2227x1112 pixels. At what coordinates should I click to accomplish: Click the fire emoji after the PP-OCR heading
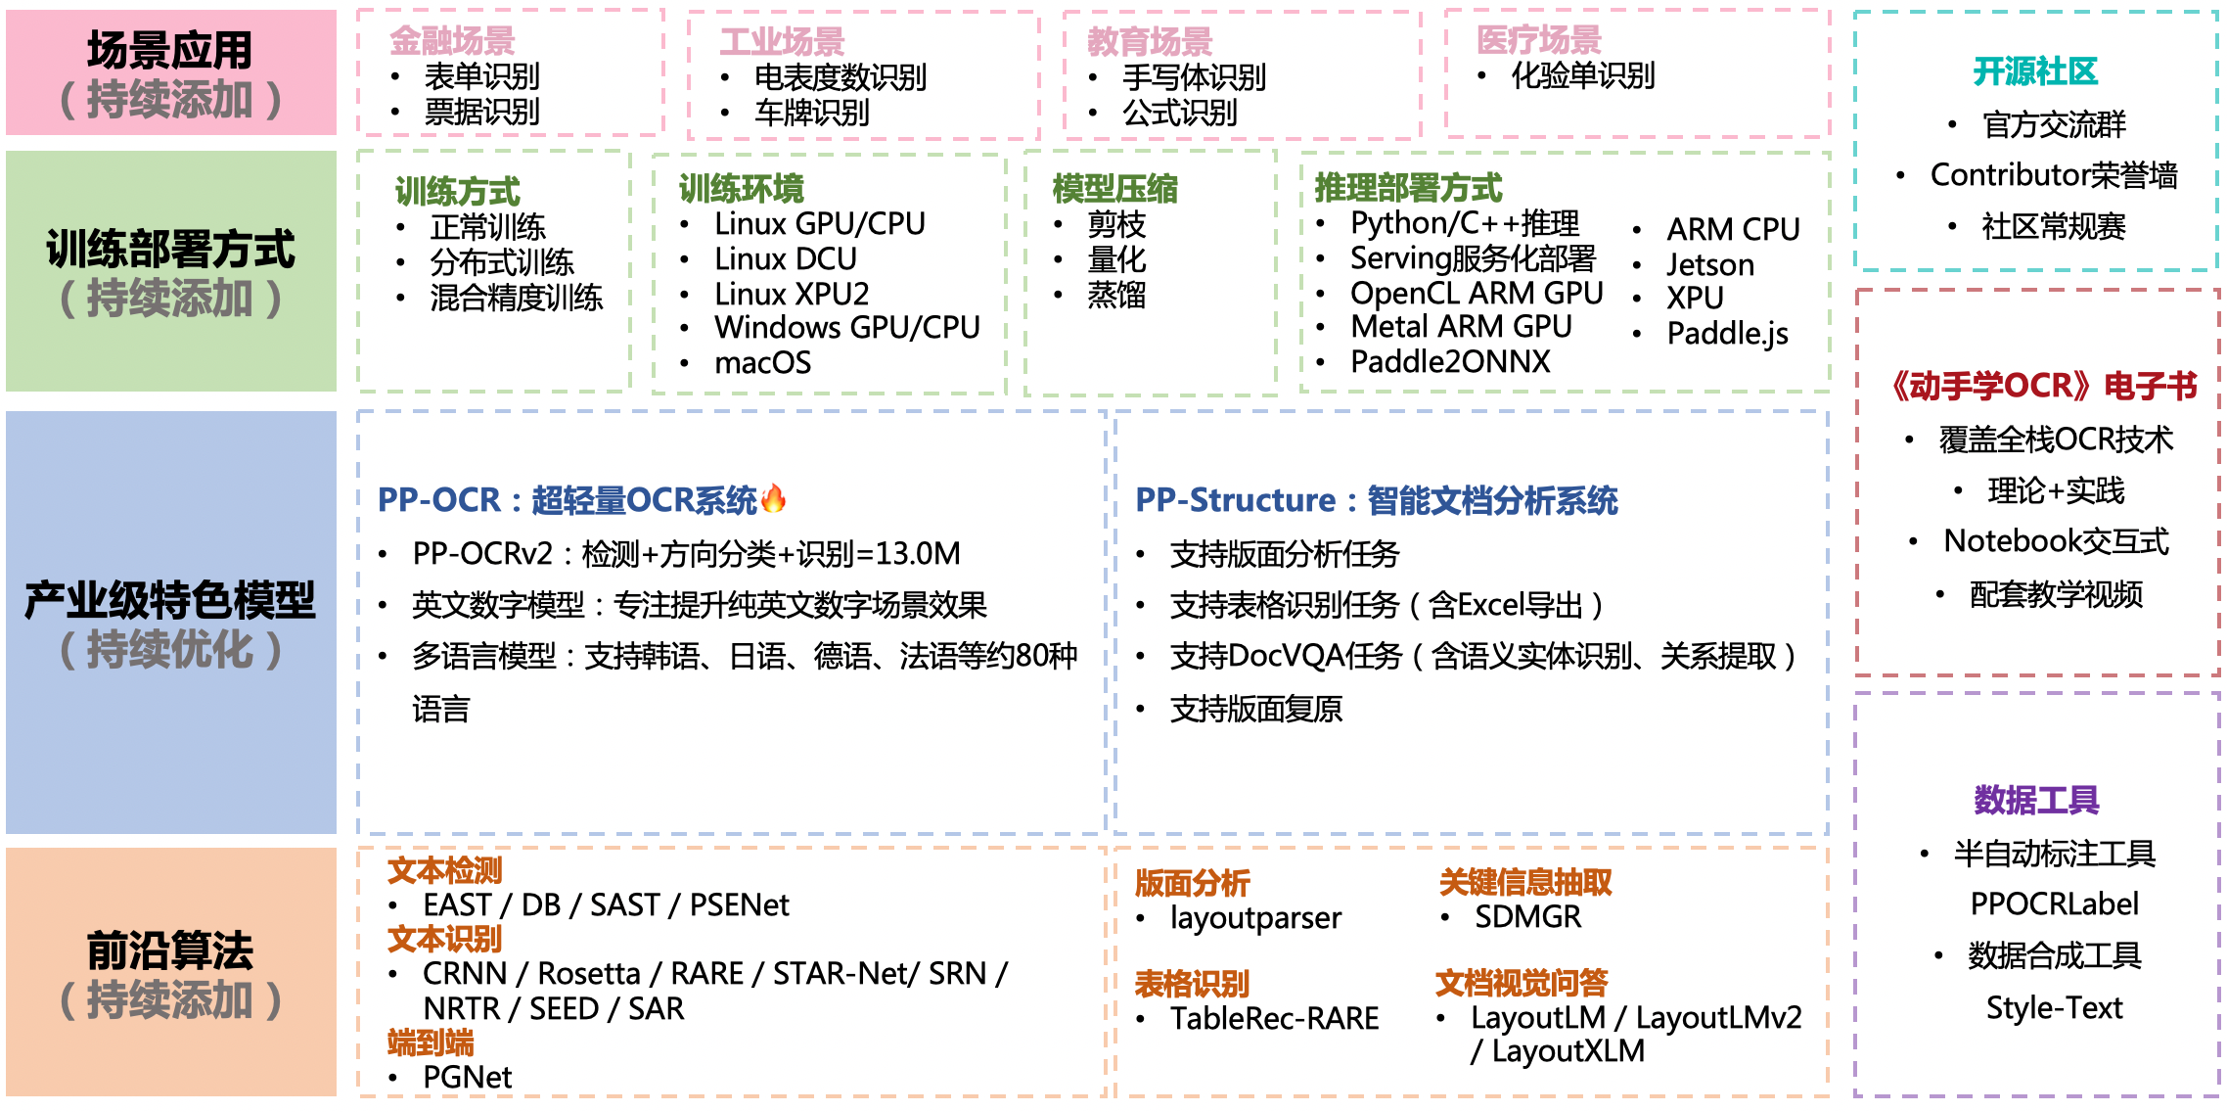pyautogui.click(x=773, y=499)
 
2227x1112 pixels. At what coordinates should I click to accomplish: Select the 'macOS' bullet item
pyautogui.click(x=762, y=363)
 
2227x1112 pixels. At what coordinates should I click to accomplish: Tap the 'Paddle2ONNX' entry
pyautogui.click(x=1450, y=362)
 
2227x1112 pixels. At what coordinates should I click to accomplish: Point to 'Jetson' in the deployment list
pyautogui.click(x=1710, y=265)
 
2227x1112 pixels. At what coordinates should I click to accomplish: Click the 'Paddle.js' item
pyautogui.click(x=1727, y=334)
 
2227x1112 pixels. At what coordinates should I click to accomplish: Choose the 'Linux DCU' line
pyautogui.click(x=785, y=259)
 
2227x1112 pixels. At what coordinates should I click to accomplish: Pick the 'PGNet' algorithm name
pyautogui.click(x=467, y=1077)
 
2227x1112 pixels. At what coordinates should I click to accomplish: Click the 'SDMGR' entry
pyautogui.click(x=1527, y=917)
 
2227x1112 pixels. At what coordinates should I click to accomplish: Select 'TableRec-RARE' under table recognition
pyautogui.click(x=1274, y=1019)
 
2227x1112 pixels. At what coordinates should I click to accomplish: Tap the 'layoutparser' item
pyautogui.click(x=1255, y=918)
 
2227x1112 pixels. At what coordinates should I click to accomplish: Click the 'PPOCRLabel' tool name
pyautogui.click(x=2054, y=903)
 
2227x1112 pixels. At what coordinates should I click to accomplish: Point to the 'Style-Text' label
pyautogui.click(x=2054, y=1007)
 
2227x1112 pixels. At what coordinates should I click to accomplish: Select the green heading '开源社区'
pyautogui.click(x=2035, y=71)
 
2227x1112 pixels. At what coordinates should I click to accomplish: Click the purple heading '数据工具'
pyautogui.click(x=2036, y=800)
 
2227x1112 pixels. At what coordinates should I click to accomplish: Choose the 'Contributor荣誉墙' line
pyautogui.click(x=2053, y=175)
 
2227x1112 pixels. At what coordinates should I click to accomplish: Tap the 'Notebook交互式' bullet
pyautogui.click(x=2056, y=541)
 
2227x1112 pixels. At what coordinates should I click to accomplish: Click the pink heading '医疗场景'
pyautogui.click(x=1538, y=40)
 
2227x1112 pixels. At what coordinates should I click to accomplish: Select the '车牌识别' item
pyautogui.click(x=811, y=113)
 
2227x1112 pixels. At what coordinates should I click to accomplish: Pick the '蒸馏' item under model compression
pyautogui.click(x=1115, y=295)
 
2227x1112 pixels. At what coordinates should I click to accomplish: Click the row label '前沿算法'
pyautogui.click(x=170, y=950)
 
